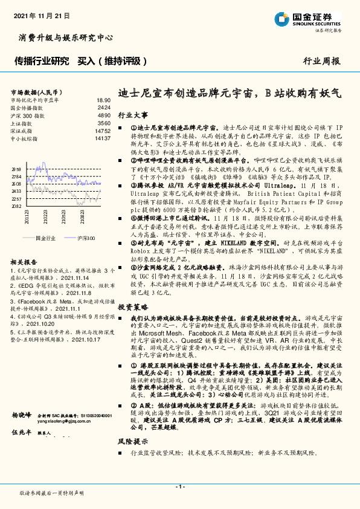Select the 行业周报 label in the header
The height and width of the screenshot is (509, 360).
click(x=321, y=61)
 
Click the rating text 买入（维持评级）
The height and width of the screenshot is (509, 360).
click(x=113, y=61)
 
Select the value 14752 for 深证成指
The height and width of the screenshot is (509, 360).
click(x=103, y=131)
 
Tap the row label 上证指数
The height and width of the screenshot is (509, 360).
click(x=22, y=123)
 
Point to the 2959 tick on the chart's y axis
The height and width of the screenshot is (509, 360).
click(x=16, y=170)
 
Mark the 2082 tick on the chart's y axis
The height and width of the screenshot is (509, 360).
click(x=16, y=206)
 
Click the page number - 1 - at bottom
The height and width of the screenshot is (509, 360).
click(x=179, y=487)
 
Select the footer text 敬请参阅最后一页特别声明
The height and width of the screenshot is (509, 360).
click(x=51, y=493)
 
